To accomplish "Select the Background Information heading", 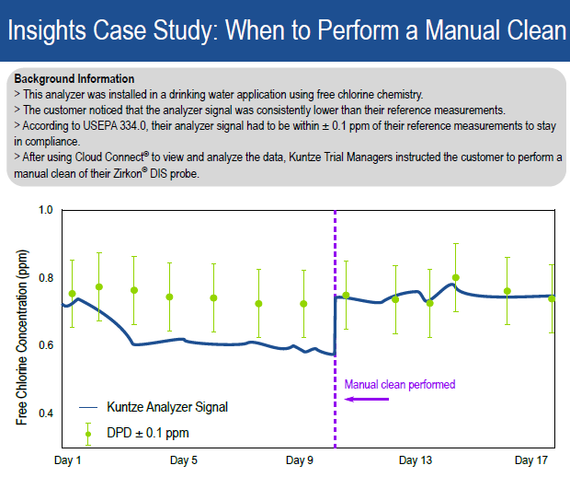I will [x=74, y=79].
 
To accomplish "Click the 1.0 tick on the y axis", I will [x=45, y=210].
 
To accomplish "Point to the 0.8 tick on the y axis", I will [x=45, y=278].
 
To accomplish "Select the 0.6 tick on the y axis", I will [x=45, y=345].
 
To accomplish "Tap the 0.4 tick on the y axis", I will [x=45, y=413].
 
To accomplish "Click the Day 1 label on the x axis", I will [x=69, y=460].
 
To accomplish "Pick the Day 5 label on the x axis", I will [x=184, y=460].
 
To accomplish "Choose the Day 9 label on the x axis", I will [x=300, y=460].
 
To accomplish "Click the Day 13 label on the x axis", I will [x=416, y=460].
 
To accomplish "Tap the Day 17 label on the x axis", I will [x=531, y=460].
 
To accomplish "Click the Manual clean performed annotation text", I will [x=399, y=384].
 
